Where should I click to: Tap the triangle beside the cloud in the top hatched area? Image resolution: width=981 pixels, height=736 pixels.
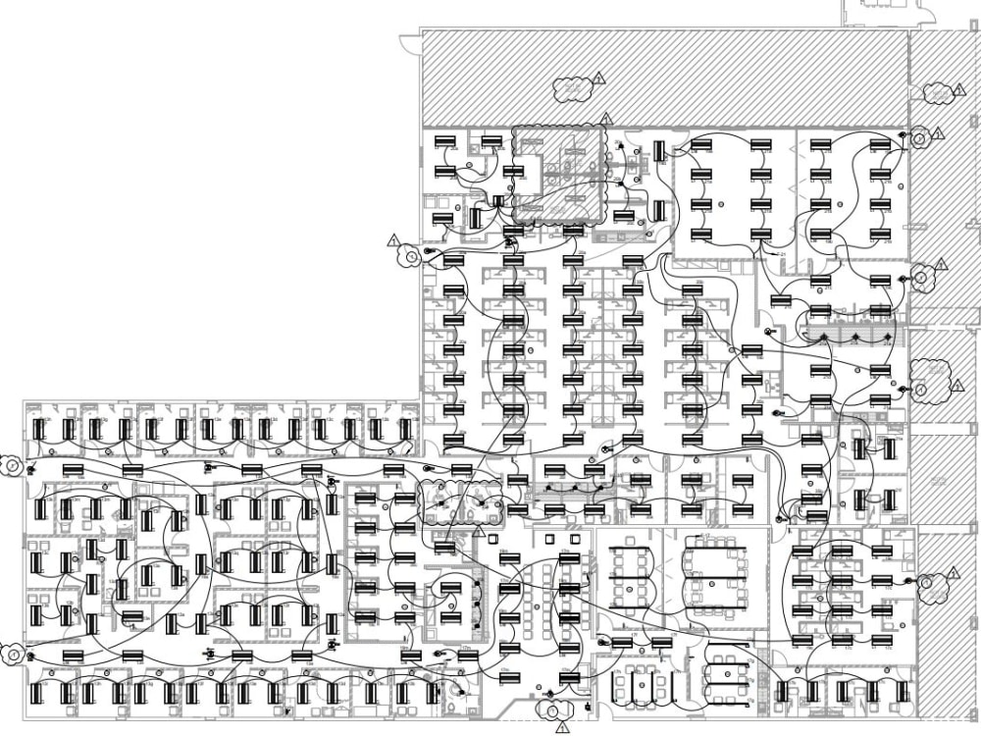coord(599,79)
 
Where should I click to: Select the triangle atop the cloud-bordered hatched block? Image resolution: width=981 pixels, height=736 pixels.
coord(606,119)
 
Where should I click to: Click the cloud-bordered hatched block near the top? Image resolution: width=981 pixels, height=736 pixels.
coord(559,175)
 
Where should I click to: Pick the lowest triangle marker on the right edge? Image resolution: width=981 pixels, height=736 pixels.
coord(953,573)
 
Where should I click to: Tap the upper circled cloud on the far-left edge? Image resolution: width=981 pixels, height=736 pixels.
coord(12,465)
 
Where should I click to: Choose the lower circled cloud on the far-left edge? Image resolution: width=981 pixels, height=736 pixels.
coord(12,650)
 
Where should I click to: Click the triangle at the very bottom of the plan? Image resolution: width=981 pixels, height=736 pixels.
coord(562,728)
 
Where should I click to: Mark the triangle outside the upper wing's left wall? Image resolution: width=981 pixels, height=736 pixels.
coord(393,240)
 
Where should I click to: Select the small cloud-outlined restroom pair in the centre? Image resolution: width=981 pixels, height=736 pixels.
coord(461,500)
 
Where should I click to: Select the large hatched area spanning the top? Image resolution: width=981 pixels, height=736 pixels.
coord(663,77)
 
